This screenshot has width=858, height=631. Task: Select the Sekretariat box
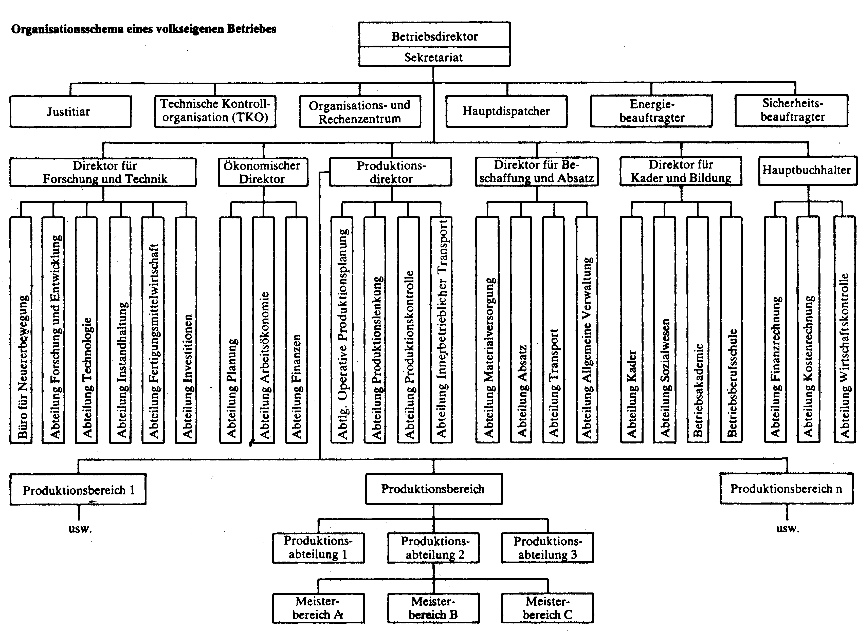pyautogui.click(x=434, y=57)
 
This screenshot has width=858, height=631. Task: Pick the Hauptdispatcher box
pyautogui.click(x=506, y=111)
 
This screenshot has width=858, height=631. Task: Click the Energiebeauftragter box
pyautogui.click(x=651, y=111)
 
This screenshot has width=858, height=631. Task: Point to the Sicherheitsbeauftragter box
pyautogui.click(x=792, y=110)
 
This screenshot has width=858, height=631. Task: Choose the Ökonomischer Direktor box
pyautogui.click(x=263, y=172)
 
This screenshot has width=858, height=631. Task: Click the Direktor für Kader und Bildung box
pyautogui.click(x=681, y=171)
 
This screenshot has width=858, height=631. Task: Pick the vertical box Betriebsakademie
pyautogui.click(x=698, y=330)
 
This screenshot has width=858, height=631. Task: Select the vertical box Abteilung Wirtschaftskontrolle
pyautogui.click(x=845, y=330)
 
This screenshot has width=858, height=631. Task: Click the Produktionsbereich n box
pyautogui.click(x=787, y=489)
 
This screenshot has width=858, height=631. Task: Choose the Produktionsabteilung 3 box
pyautogui.click(x=547, y=548)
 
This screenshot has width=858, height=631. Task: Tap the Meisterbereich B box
pyautogui.click(x=433, y=608)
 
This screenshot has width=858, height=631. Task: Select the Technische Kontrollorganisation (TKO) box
pyautogui.click(x=215, y=111)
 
